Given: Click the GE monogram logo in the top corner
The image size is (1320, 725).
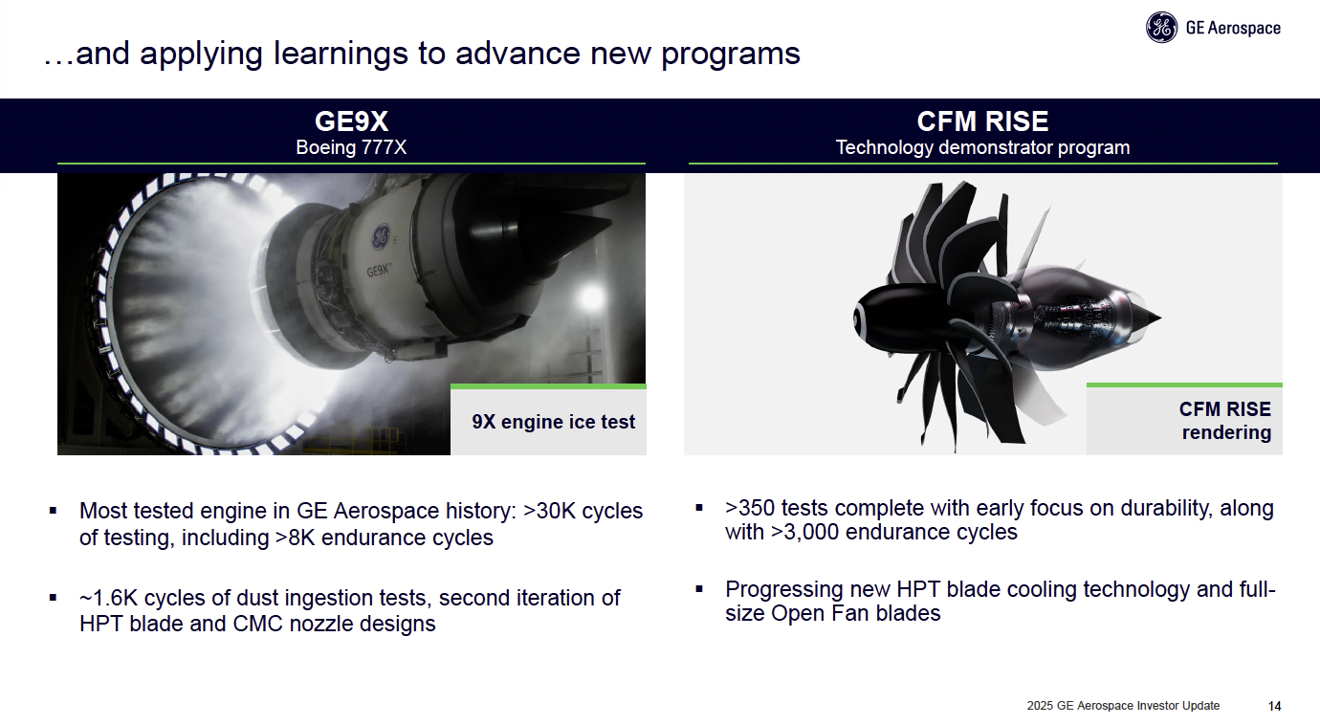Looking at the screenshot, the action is coord(1161,28).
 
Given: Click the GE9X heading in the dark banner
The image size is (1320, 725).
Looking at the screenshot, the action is coord(351,121).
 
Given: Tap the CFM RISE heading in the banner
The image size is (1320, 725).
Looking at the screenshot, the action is coord(982,121).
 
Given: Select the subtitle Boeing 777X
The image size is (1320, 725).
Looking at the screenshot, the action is coord(351,147).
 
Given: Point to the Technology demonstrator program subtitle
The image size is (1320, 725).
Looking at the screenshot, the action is coord(982,147).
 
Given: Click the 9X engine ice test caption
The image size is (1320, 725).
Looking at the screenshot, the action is coord(553,422).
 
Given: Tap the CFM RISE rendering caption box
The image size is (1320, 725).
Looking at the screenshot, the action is coord(1184,420).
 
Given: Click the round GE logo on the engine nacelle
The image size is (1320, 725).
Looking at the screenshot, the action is coord(381,236).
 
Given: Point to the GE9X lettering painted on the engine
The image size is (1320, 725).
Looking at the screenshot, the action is coord(379,270).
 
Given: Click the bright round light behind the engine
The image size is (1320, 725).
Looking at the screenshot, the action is coord(591,297).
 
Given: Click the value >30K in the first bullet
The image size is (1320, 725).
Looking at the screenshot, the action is coord(549,511).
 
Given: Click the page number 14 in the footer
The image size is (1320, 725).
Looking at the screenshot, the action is coord(1275,706).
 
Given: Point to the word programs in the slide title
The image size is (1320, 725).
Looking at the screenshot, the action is coord(731,55).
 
